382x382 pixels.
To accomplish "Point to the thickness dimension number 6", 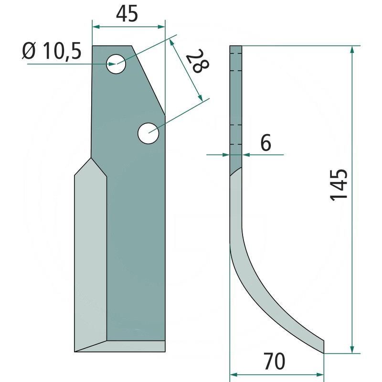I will pyautogui.click(x=265, y=143).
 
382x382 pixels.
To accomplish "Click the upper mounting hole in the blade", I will pyautogui.click(x=116, y=64).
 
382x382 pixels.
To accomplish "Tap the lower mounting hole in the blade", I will pyautogui.click(x=149, y=133).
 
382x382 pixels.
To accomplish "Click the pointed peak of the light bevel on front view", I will pyautogui.click(x=91, y=159).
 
